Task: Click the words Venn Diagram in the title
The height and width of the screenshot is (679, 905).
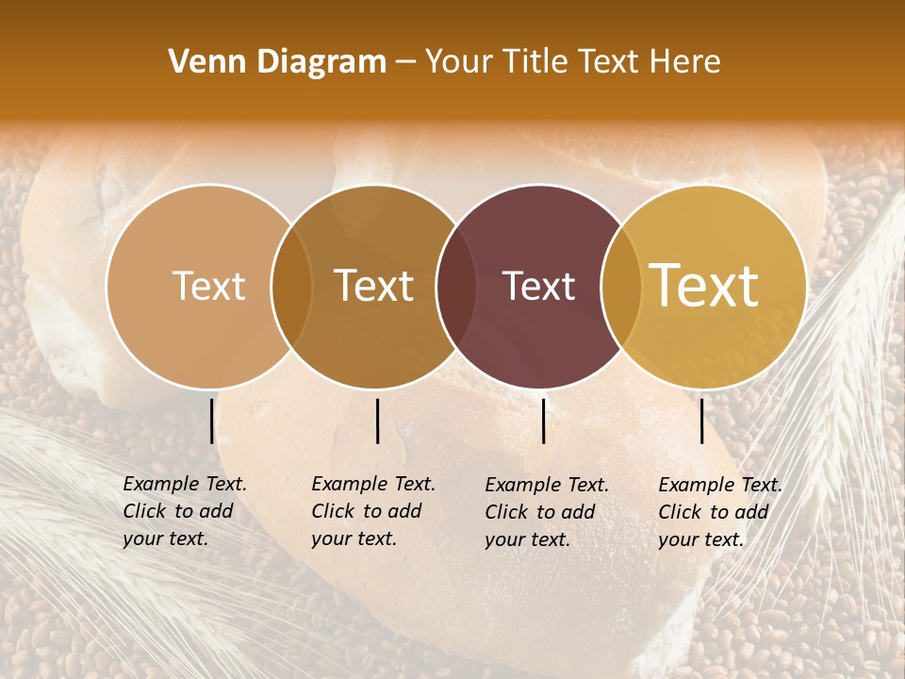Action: point(277,62)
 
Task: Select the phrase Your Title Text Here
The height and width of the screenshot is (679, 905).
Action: point(572,62)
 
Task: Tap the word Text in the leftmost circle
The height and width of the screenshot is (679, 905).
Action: point(208,287)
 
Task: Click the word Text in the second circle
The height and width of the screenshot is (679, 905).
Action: point(374,287)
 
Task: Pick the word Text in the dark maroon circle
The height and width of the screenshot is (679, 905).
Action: point(539,287)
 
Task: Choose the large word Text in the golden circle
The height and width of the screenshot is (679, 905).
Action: point(704,286)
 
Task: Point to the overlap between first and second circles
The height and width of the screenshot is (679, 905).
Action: point(291,287)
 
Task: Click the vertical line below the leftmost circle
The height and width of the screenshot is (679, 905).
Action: point(211,421)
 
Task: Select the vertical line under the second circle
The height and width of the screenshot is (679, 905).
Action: point(377,421)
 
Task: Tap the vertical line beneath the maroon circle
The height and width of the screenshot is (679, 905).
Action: point(543,421)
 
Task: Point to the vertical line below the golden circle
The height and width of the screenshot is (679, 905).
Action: point(701,421)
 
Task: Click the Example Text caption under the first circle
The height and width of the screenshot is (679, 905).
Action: point(185,511)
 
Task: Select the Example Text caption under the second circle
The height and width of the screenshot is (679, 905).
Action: point(373,511)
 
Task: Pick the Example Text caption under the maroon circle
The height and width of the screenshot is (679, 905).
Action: point(547,512)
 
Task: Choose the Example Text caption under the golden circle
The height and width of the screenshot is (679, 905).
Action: point(720,512)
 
